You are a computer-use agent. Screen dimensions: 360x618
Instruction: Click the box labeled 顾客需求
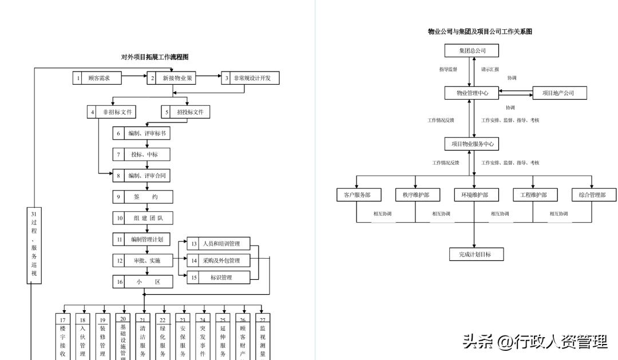tap(97, 78)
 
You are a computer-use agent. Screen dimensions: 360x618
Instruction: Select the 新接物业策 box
tap(176, 78)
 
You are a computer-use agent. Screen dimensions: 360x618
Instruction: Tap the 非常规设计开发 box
tap(251, 78)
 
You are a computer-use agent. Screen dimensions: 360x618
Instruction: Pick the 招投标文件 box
tap(185, 112)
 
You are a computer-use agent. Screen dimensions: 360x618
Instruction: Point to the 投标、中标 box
tap(141, 155)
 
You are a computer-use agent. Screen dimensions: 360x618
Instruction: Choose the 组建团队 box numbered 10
tap(141, 218)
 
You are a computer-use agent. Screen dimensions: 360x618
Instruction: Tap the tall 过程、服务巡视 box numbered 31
tap(34, 245)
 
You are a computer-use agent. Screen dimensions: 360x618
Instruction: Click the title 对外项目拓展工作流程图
tap(154, 57)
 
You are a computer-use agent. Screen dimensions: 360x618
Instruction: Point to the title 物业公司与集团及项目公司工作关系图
tap(480, 32)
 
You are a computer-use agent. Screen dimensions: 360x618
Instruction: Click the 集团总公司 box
tap(472, 50)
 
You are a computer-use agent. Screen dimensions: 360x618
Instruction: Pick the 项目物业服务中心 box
tap(472, 144)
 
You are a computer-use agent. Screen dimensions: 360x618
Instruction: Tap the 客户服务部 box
tap(357, 195)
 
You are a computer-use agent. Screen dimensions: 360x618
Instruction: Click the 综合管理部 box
tap(594, 195)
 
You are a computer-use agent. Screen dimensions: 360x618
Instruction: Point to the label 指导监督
tap(448, 69)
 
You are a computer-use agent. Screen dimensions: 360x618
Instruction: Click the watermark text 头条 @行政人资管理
tap(535, 342)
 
